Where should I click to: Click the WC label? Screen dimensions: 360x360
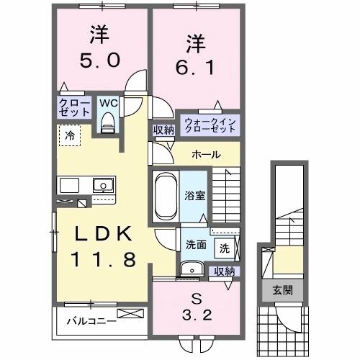tap(108, 103)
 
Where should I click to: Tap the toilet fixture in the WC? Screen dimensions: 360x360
tap(108, 125)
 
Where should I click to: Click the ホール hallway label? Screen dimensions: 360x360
tap(206, 155)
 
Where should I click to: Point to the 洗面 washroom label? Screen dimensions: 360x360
tap(196, 245)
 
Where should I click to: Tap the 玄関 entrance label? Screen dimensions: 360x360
tap(282, 291)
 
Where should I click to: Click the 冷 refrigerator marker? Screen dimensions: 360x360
tap(69, 135)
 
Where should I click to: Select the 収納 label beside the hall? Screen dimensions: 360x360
tap(163, 130)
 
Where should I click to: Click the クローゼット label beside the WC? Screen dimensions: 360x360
tap(74, 108)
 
